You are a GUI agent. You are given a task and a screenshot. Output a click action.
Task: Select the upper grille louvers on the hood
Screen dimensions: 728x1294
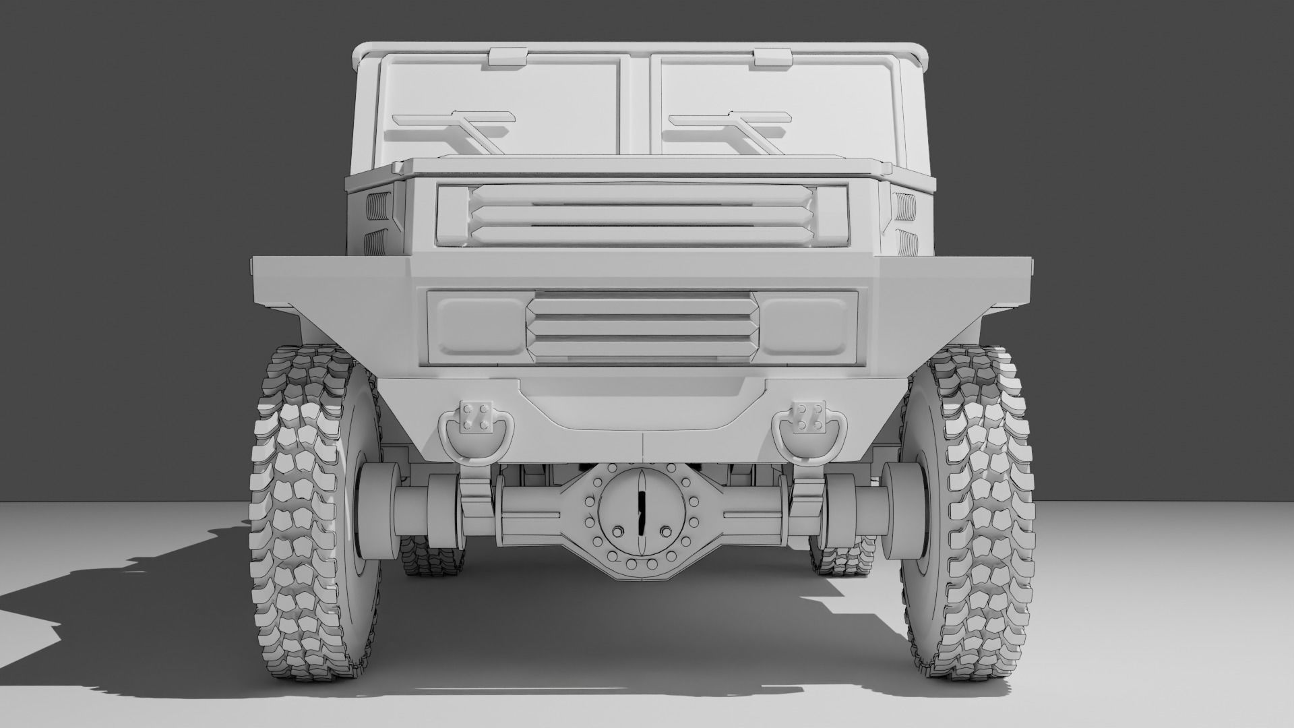point(640,214)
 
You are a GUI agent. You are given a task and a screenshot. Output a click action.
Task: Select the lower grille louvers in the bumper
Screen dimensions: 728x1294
point(640,326)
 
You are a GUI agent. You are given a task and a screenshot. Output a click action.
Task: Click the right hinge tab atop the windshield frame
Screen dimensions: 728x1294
point(772,57)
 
